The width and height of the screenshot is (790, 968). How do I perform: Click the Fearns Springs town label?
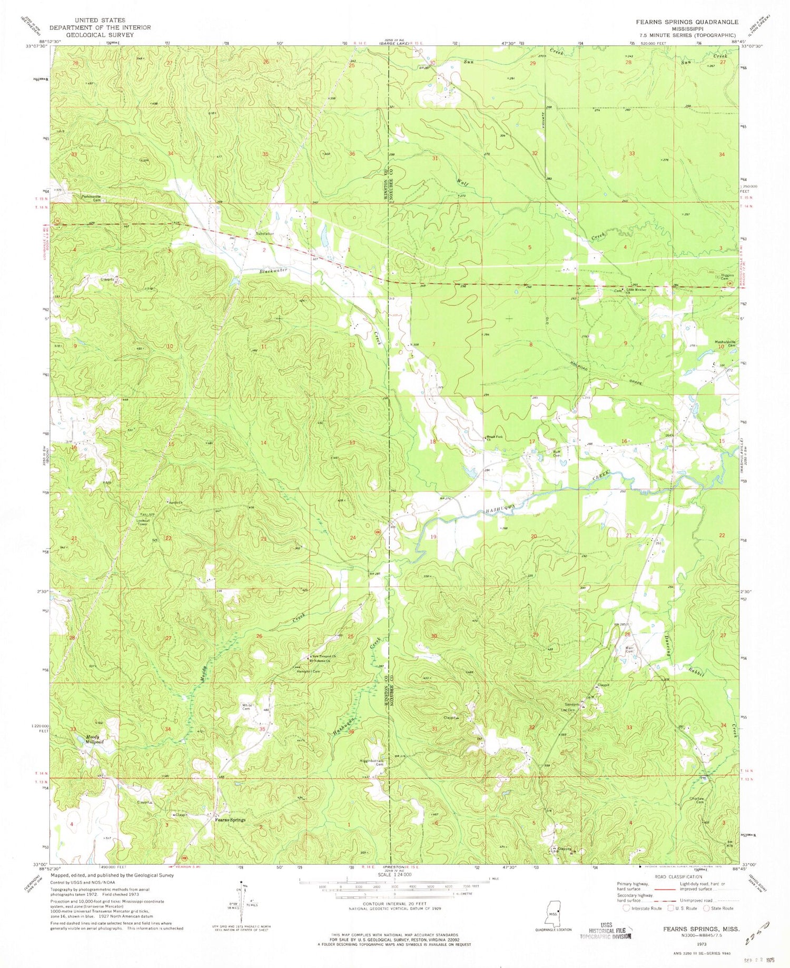point(230,820)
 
